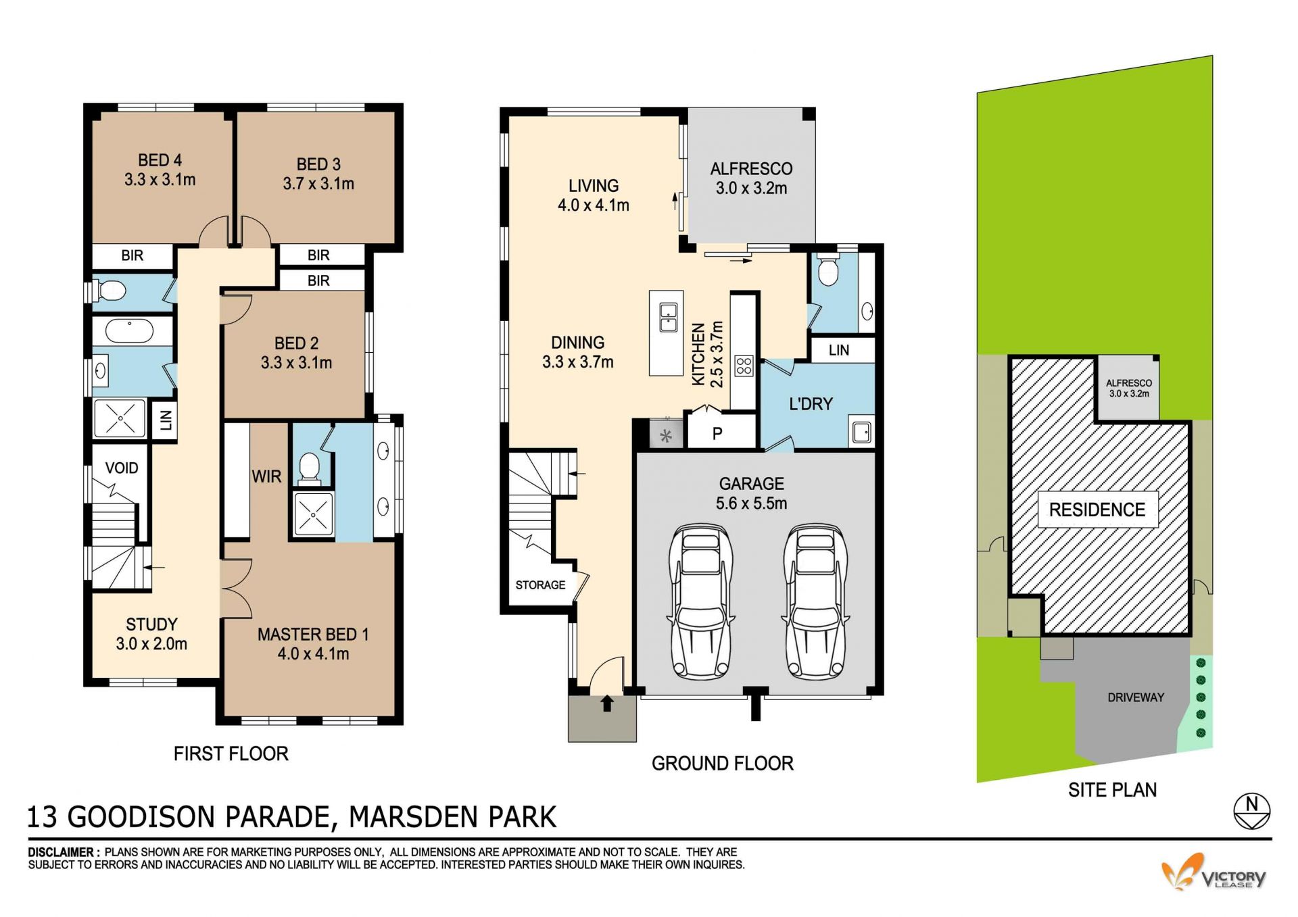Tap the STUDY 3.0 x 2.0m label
[x=151, y=634]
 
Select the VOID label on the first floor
[x=122, y=468]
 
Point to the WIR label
[x=266, y=476]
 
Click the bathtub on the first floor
[x=130, y=330]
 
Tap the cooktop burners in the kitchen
[x=744, y=366]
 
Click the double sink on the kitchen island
[x=668, y=318]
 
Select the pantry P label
[x=717, y=434]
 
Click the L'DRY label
[x=811, y=404]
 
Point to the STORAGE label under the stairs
[x=540, y=585]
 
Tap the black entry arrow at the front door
[x=607, y=703]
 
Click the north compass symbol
[x=1251, y=810]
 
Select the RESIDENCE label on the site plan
[x=1097, y=510]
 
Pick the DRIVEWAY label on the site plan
[x=1136, y=697]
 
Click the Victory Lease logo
[x=1214, y=872]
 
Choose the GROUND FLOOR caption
[x=723, y=764]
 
